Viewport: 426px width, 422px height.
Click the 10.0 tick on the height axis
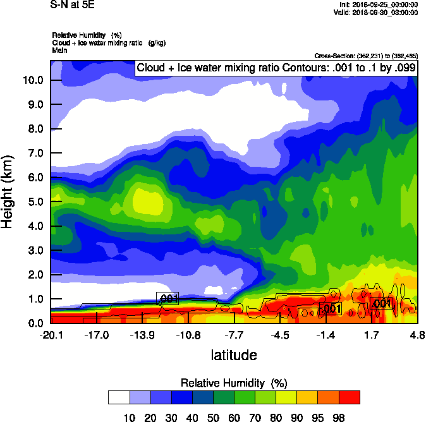point(32,80)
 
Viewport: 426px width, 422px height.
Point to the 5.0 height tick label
point(35,202)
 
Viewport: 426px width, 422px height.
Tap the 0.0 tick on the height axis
point(35,323)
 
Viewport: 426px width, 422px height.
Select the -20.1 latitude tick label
point(50,335)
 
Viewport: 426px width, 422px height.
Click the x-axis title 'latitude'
point(234,355)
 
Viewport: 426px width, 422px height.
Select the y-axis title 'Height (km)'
point(8,192)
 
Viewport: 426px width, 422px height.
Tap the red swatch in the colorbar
point(350,397)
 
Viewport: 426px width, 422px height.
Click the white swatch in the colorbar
point(119,397)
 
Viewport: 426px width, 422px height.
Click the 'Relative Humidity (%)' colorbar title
point(234,383)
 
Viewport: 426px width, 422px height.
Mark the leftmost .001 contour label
point(167,299)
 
